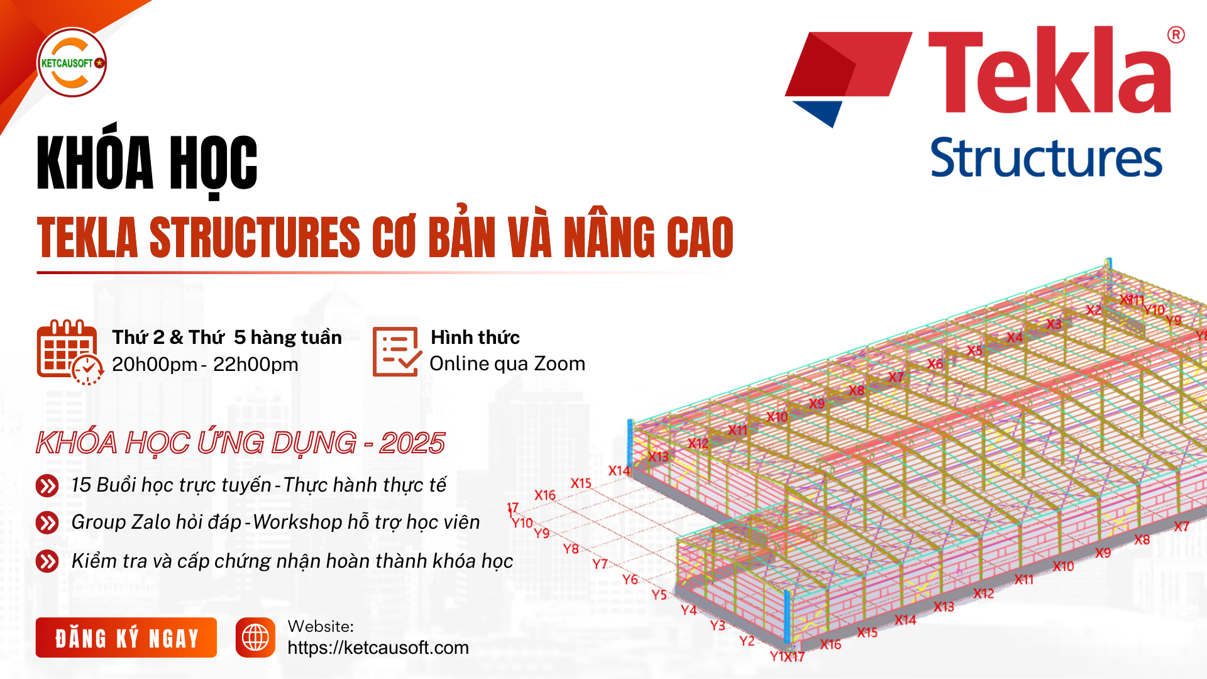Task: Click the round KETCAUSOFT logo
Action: pos(72,62)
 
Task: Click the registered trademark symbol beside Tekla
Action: pos(1176,35)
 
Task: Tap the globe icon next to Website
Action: pos(255,638)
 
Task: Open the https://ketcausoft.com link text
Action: pos(378,648)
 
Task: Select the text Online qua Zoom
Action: pos(507,363)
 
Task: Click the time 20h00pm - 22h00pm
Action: pos(205,364)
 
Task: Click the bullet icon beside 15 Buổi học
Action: pos(47,485)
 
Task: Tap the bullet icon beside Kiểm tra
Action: pos(47,561)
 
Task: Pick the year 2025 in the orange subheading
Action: pos(412,443)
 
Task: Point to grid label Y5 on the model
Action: pos(659,594)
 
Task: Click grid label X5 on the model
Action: pos(974,350)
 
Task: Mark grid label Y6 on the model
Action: pos(630,579)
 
